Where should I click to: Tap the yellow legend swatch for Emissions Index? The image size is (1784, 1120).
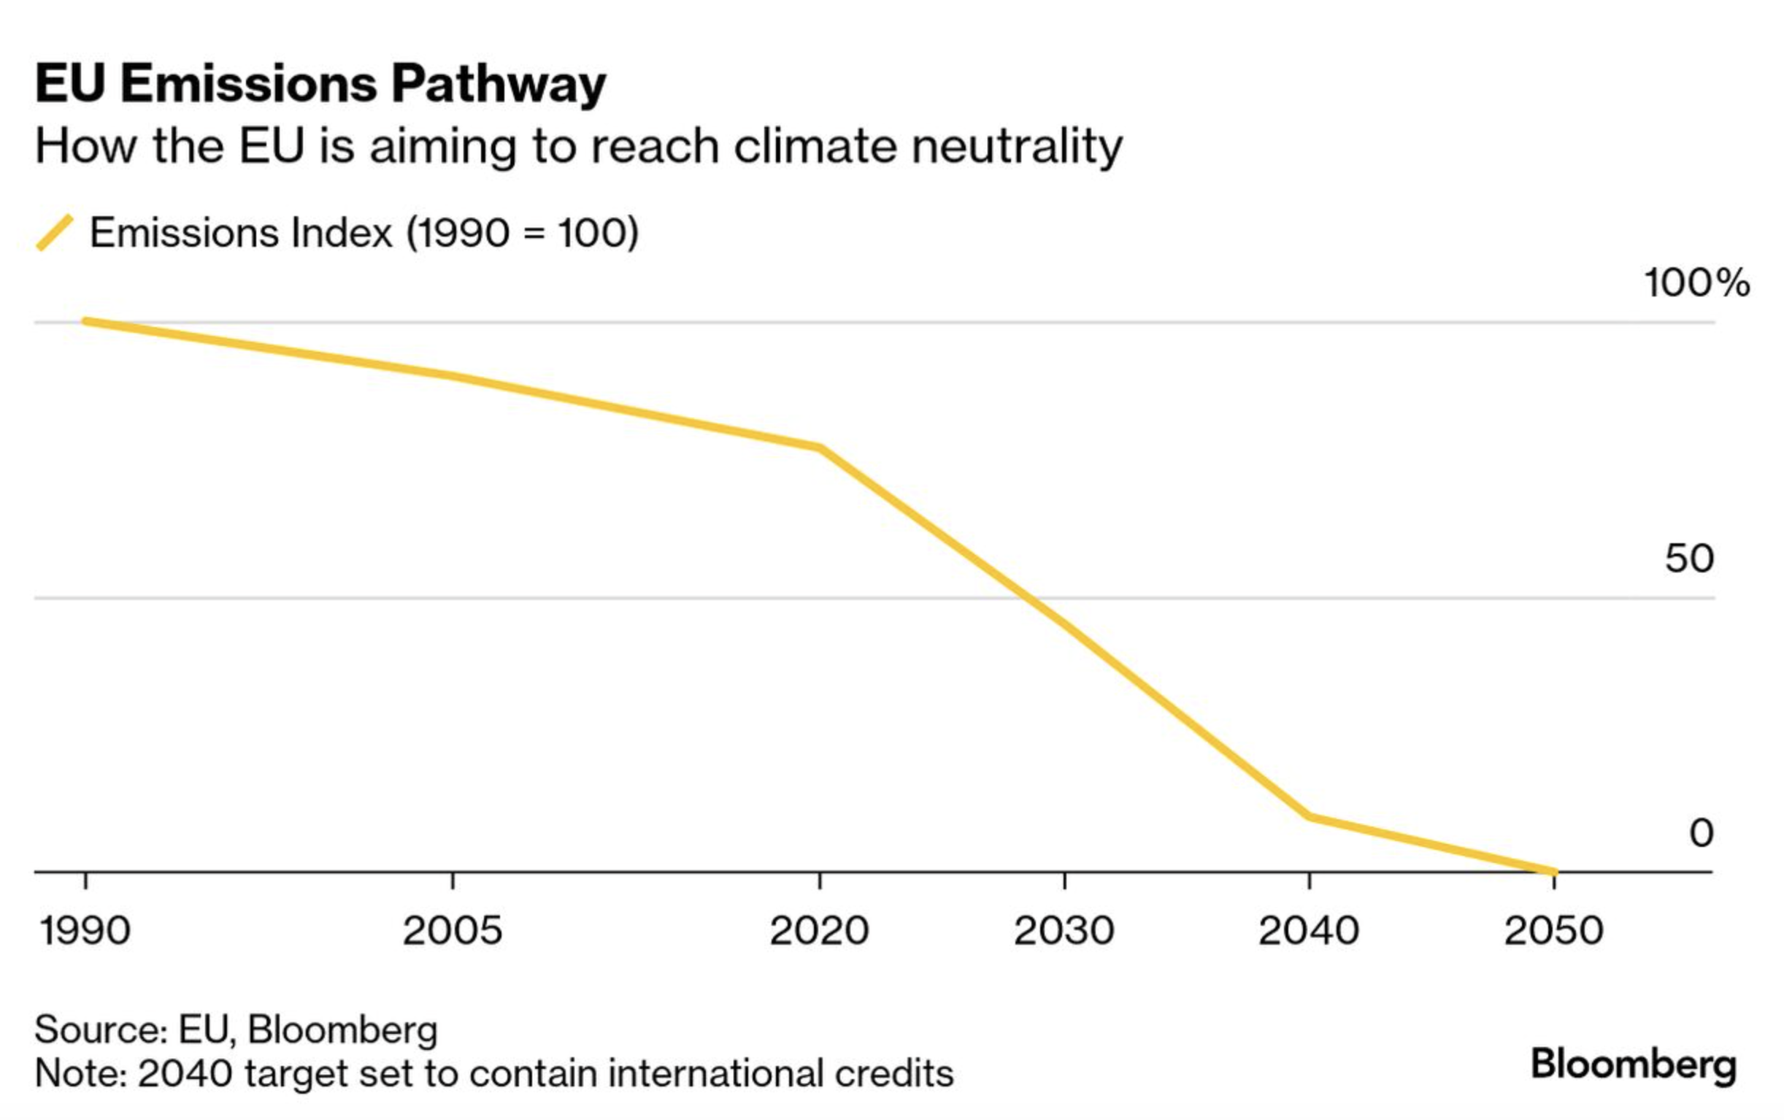(x=55, y=233)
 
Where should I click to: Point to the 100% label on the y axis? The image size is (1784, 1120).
(x=1696, y=283)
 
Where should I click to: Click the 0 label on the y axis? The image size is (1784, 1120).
(x=1701, y=832)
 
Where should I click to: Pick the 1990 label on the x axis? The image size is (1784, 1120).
(x=85, y=930)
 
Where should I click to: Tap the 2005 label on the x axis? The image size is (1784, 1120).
(x=452, y=930)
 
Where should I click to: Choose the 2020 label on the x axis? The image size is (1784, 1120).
(x=819, y=930)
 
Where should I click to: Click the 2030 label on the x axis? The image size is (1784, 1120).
(x=1064, y=930)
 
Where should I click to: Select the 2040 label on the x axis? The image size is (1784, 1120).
(x=1309, y=930)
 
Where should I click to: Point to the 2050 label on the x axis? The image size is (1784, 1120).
(x=1553, y=930)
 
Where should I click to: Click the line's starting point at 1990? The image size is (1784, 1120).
(x=86, y=321)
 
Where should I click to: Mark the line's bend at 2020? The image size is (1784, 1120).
(x=819, y=448)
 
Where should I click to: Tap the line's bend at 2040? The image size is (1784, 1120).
(x=1310, y=816)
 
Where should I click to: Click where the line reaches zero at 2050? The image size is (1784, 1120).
(x=1553, y=872)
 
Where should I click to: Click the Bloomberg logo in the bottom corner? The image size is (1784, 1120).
(x=1633, y=1065)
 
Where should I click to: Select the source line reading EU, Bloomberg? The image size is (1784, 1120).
(x=236, y=1029)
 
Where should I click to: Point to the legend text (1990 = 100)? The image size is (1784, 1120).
(x=522, y=233)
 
